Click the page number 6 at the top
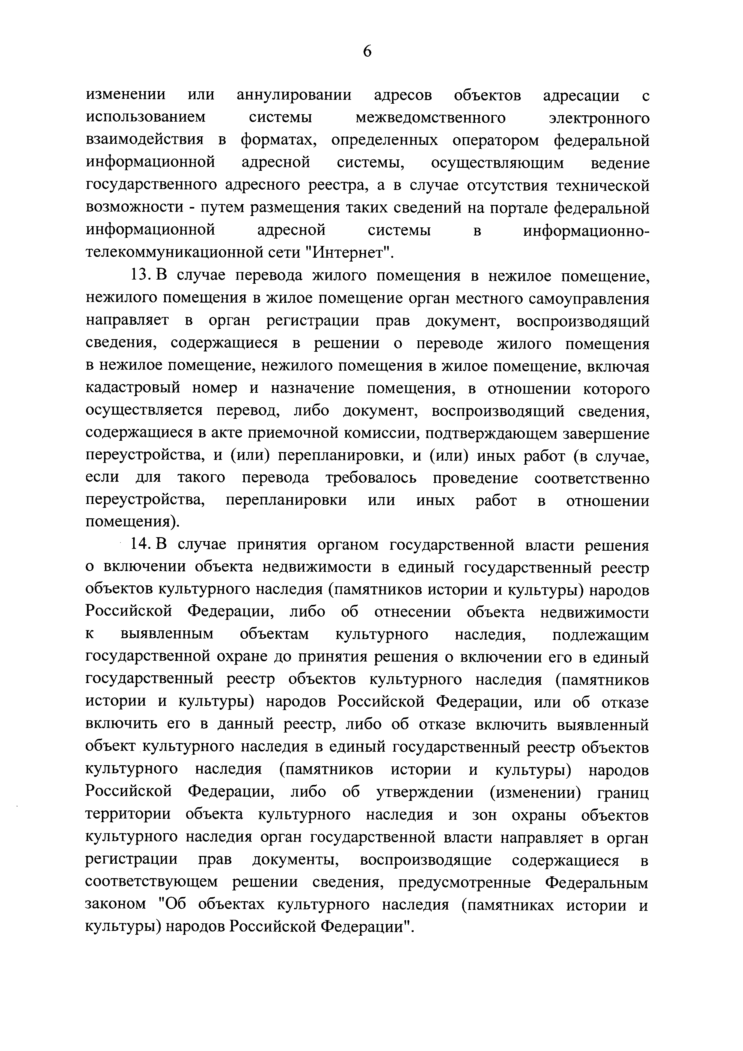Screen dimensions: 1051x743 click(x=367, y=51)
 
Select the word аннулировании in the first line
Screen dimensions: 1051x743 click(x=294, y=95)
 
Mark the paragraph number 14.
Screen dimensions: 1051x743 click(x=141, y=545)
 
